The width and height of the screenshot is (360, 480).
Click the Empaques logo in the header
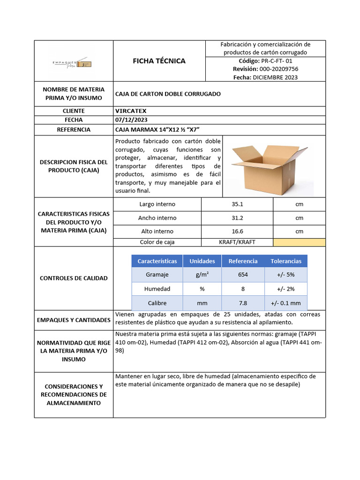pyautogui.click(x=72, y=63)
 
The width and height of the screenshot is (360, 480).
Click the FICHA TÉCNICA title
pyautogui.click(x=159, y=61)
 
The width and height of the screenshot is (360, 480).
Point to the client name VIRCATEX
pyautogui.click(x=131, y=111)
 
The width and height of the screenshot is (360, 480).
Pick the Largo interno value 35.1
pyautogui.click(x=237, y=204)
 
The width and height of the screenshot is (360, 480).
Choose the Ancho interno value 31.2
pyautogui.click(x=237, y=217)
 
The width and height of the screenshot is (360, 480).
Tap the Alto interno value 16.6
pyautogui.click(x=237, y=231)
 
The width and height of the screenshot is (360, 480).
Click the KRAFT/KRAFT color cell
pyautogui.click(x=237, y=242)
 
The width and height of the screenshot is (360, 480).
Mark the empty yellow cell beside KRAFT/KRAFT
pyautogui.click(x=299, y=242)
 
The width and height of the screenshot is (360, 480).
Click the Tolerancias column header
pyautogui.click(x=286, y=261)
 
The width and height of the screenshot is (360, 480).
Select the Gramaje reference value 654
pyautogui.click(x=243, y=275)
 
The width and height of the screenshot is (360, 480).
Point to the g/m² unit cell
pyautogui.click(x=202, y=275)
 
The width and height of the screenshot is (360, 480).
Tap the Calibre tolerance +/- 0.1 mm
pyautogui.click(x=286, y=303)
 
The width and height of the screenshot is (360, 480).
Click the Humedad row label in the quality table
pyautogui.click(x=157, y=289)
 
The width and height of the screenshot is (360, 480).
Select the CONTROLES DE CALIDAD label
pyautogui.click(x=74, y=278)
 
